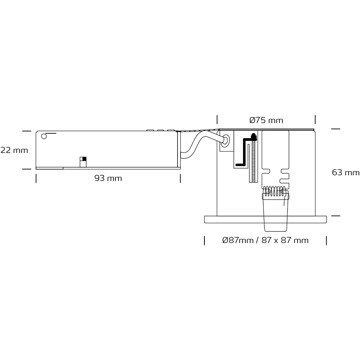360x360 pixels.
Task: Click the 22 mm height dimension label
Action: click(x=14, y=150)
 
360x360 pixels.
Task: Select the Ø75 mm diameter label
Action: click(x=266, y=120)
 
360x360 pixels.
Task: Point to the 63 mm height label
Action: click(x=346, y=172)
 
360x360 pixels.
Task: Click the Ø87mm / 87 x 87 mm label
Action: click(x=265, y=240)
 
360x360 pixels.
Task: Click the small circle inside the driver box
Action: click(x=44, y=136)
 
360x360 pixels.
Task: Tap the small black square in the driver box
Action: click(x=84, y=159)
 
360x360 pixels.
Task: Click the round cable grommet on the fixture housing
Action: click(x=226, y=141)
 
